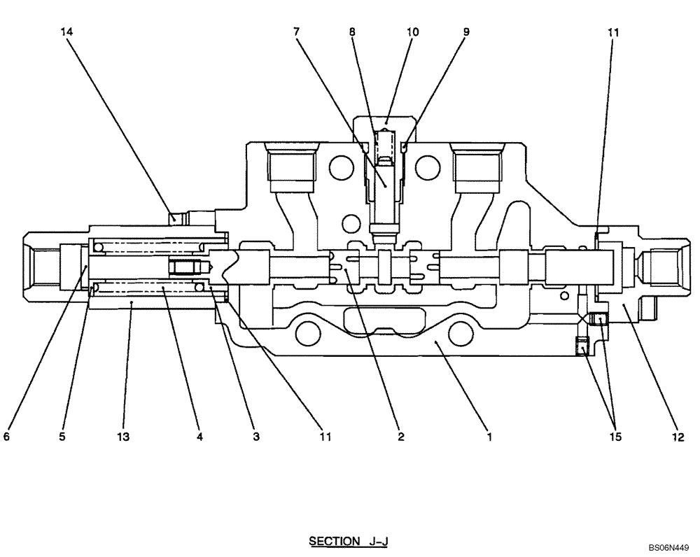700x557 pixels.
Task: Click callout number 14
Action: point(67,32)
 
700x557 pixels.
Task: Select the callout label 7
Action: point(297,32)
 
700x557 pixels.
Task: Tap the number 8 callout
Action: point(351,32)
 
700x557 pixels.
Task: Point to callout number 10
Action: point(413,32)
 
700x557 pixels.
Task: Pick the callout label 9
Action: point(466,32)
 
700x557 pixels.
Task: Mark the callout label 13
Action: point(123,437)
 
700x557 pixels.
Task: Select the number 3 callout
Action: point(255,437)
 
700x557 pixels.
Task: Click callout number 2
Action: point(400,437)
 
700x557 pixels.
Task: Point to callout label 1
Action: point(490,437)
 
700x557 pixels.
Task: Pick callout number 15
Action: point(614,437)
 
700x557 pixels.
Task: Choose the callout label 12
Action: point(676,437)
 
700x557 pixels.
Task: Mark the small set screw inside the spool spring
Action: point(187,267)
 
